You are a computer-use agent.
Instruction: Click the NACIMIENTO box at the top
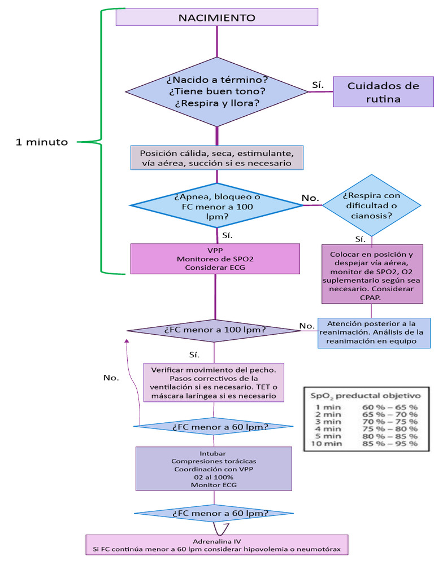tap(217, 17)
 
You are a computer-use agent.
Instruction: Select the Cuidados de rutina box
tap(383, 92)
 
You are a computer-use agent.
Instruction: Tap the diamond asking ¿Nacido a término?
tap(217, 91)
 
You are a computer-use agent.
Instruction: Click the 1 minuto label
tap(42, 142)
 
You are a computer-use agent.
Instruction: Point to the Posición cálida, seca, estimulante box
tap(217, 158)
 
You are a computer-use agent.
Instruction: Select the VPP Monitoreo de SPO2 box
tap(215, 259)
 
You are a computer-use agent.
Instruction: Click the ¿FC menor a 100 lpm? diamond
tap(215, 330)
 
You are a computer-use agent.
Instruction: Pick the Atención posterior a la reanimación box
tap(375, 332)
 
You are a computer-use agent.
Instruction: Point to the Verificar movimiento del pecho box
tap(214, 382)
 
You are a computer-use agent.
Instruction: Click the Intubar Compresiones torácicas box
tap(213, 469)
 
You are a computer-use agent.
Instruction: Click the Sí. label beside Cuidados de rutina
tap(318, 85)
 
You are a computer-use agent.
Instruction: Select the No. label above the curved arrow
tap(111, 378)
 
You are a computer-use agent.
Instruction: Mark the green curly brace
tap(102, 141)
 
